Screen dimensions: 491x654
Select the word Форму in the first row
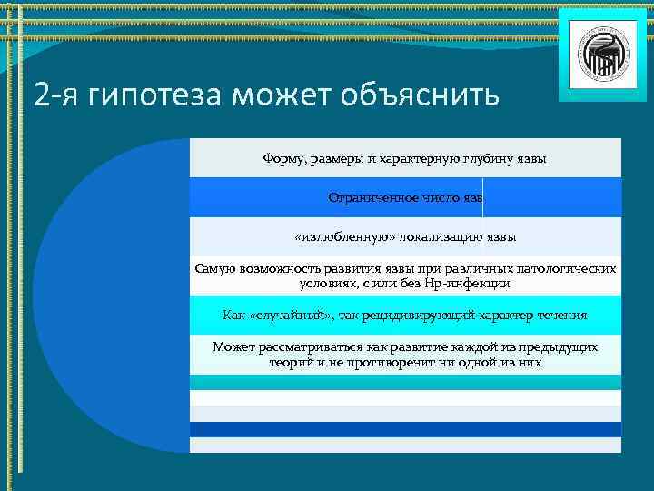(282, 159)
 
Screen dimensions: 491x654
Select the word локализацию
(437, 237)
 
